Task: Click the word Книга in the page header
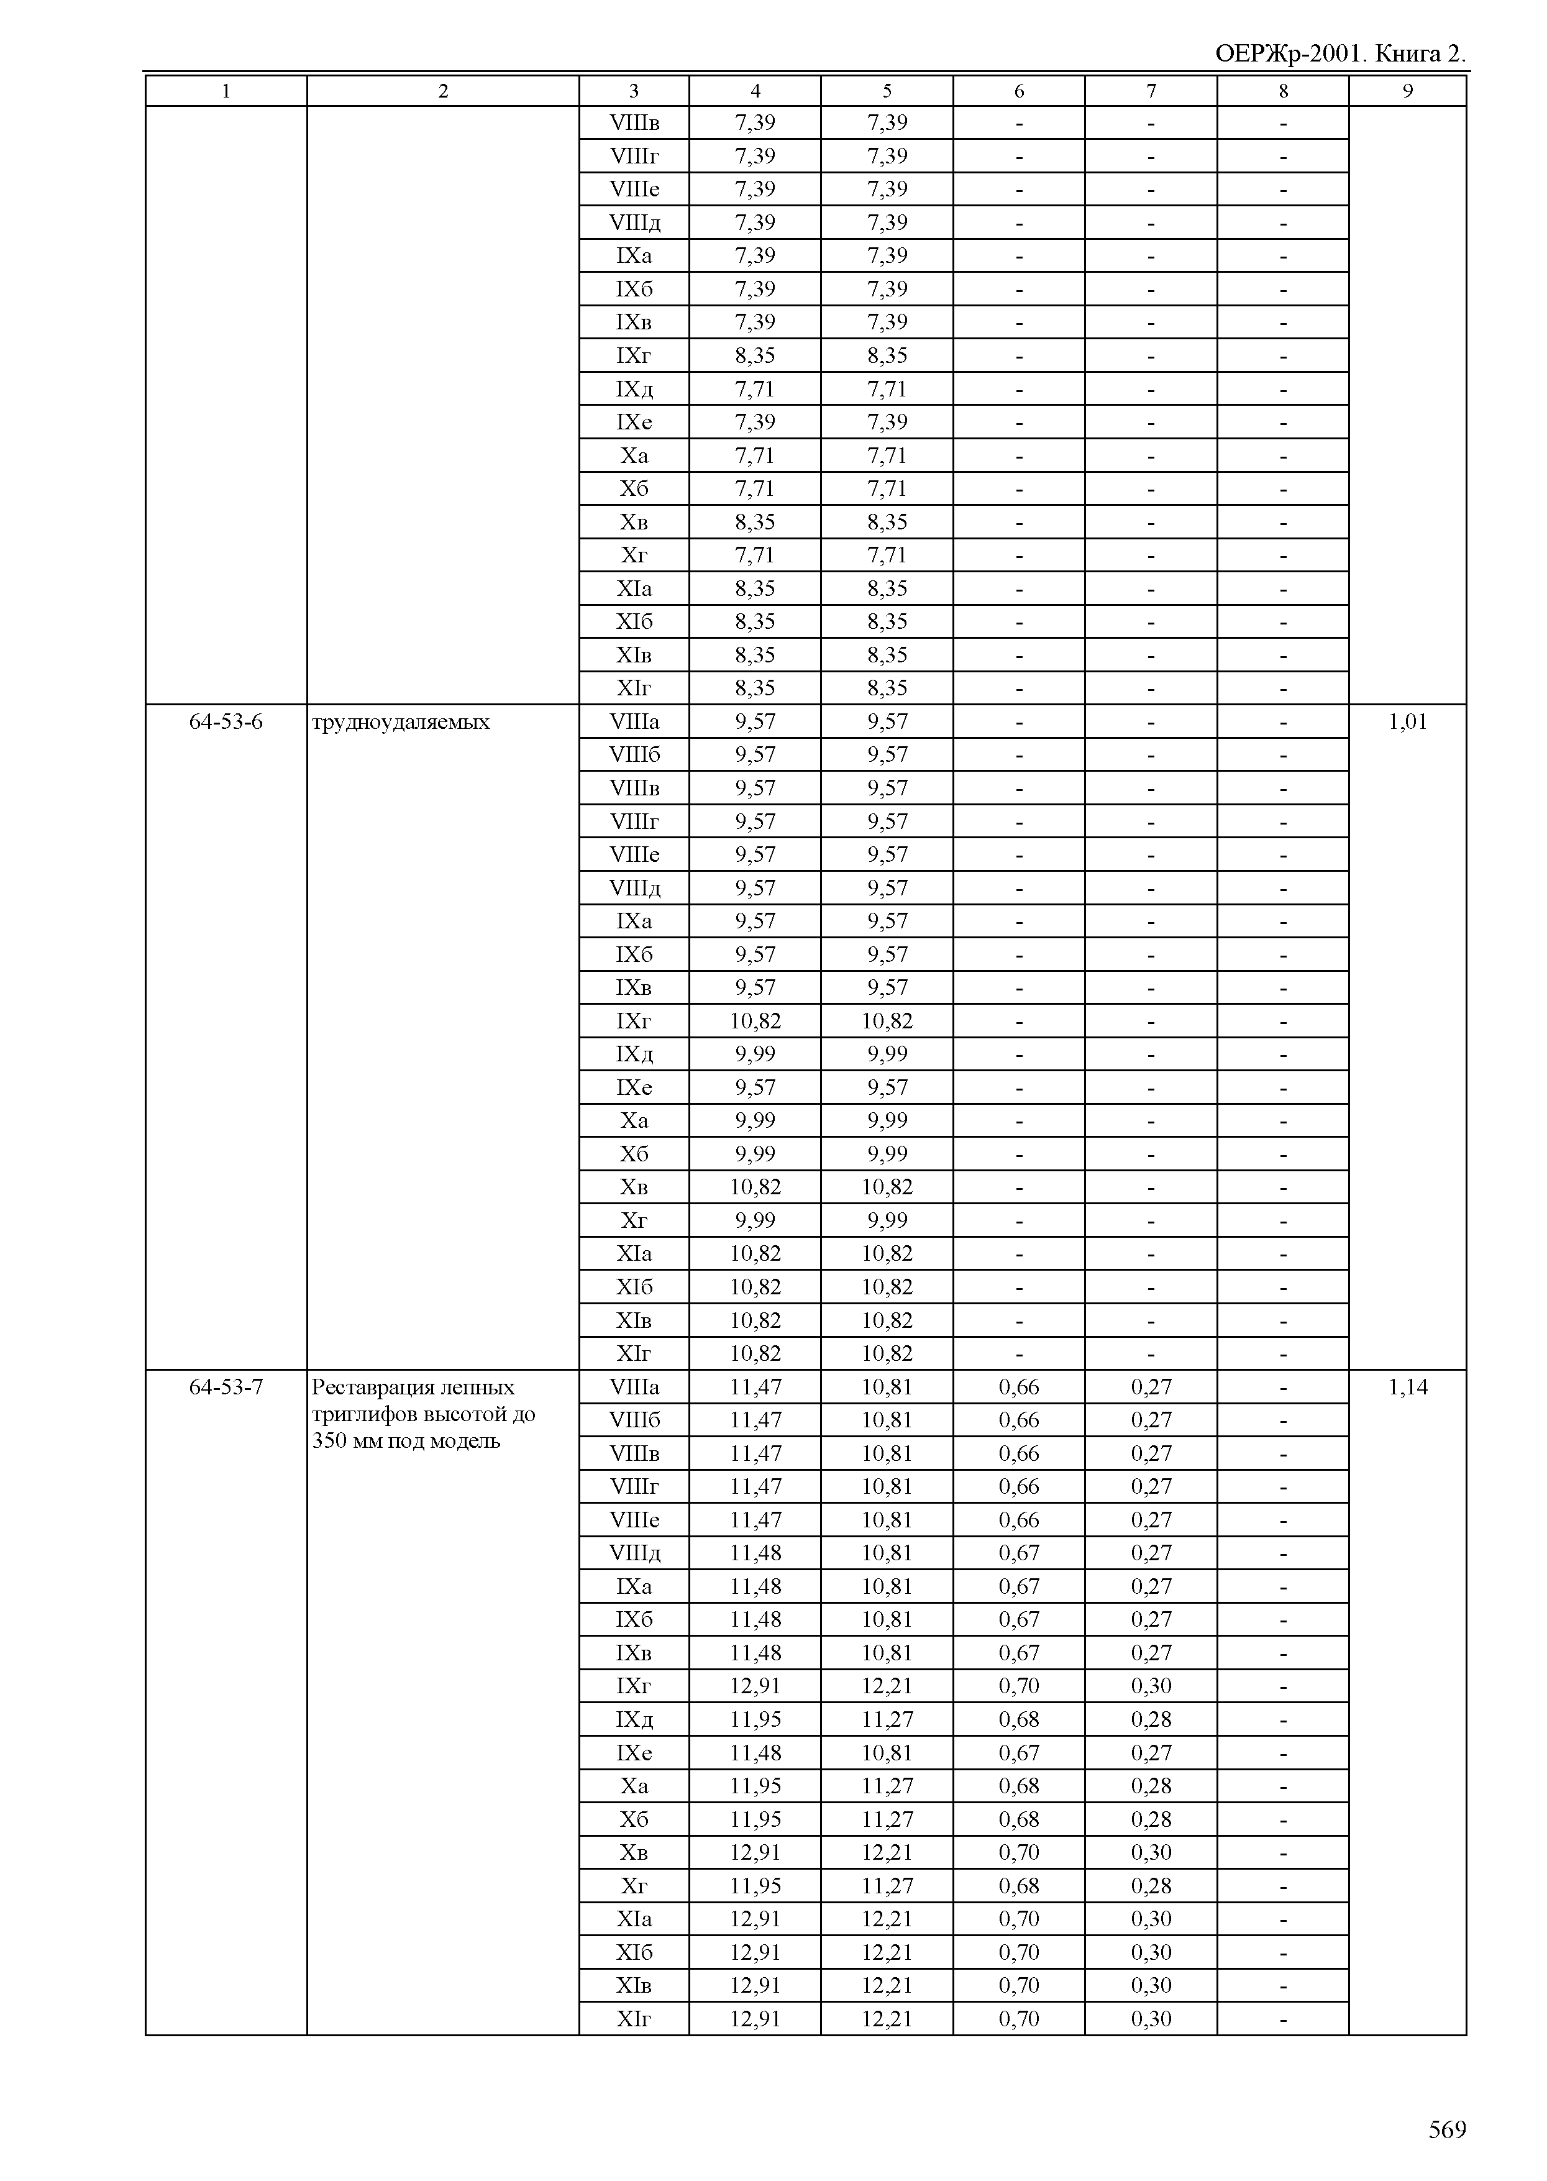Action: click(x=1408, y=54)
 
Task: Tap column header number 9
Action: click(x=1407, y=91)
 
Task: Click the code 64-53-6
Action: click(x=226, y=722)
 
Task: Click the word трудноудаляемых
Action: click(x=401, y=722)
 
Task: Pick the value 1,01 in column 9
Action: click(x=1407, y=722)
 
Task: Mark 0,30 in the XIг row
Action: click(x=1151, y=2019)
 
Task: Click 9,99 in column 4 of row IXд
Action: click(x=754, y=1054)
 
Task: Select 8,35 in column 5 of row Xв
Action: click(x=887, y=522)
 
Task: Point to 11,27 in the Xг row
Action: click(x=887, y=1886)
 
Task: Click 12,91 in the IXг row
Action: click(x=754, y=1686)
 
